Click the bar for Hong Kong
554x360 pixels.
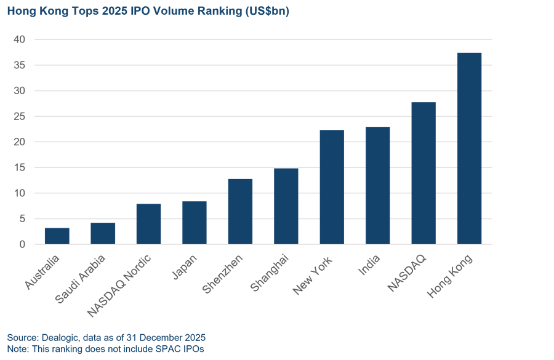point(469,148)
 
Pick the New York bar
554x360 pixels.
point(332,187)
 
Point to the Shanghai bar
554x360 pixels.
point(286,206)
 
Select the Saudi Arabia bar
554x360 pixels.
point(103,233)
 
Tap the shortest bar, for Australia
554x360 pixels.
point(57,236)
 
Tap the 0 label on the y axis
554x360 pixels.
point(22,244)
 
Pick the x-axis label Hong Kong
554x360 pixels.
point(451,278)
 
